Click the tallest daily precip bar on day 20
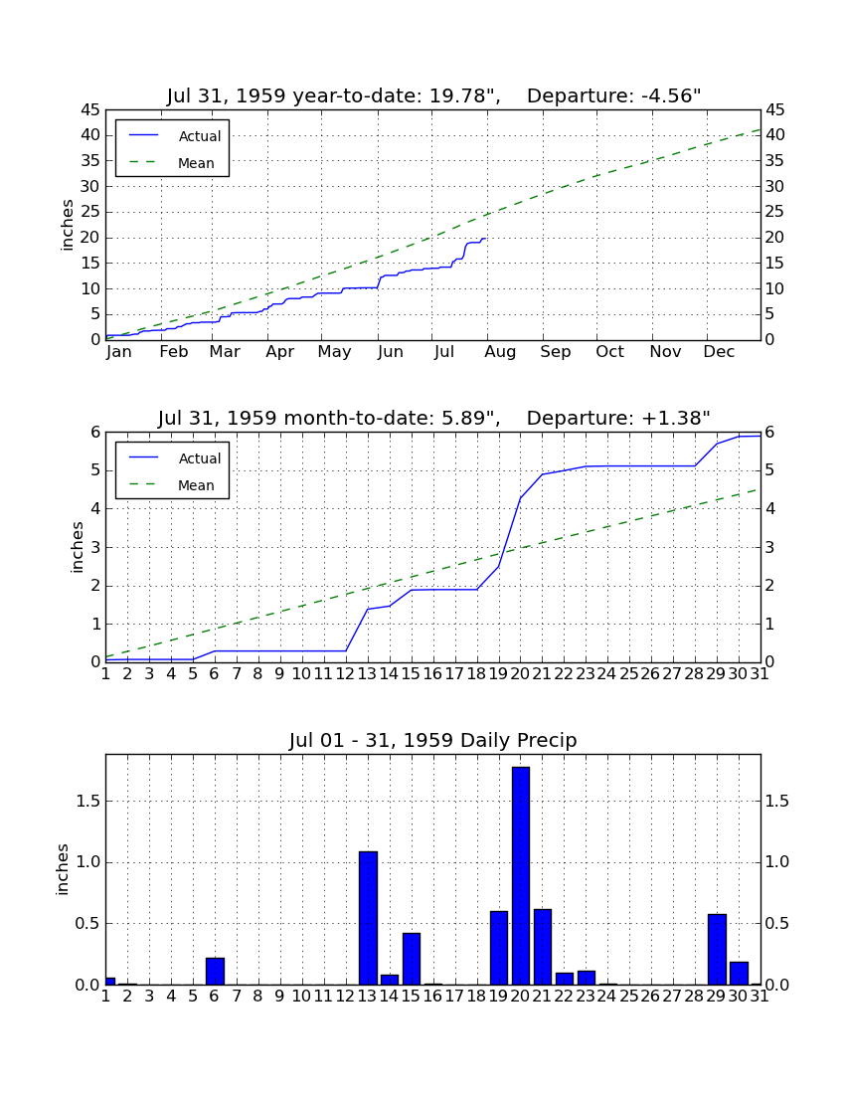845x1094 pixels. pos(521,875)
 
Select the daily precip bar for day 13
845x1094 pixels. pos(368,918)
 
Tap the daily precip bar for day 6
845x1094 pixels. pos(216,972)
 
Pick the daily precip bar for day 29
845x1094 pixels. pos(718,950)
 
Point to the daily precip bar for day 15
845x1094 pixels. pos(412,959)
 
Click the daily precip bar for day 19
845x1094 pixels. pos(499,948)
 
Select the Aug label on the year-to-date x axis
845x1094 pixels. pos(501,352)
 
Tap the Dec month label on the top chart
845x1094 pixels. pos(719,352)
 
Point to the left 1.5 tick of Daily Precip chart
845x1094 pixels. pos(88,801)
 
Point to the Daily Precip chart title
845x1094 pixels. pos(433,740)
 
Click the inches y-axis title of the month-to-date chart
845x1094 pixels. pos(77,548)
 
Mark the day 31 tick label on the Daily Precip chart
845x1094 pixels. pos(760,997)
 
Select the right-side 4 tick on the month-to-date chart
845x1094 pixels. pos(769,509)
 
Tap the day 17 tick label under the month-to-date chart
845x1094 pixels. pos(454,674)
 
